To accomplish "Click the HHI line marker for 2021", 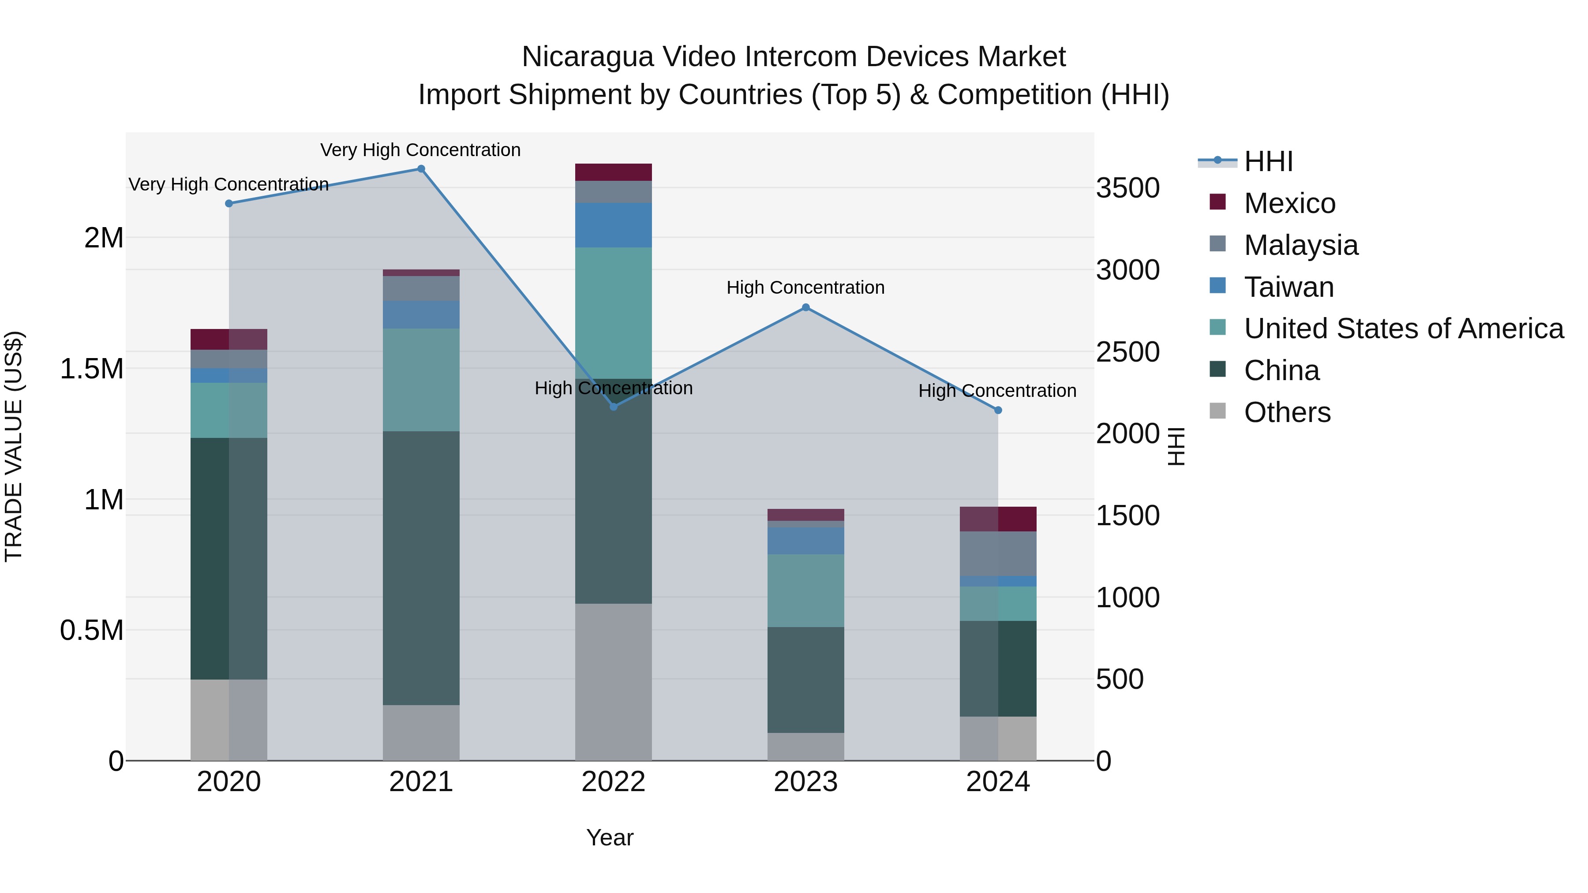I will [421, 169].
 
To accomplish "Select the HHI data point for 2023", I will [806, 307].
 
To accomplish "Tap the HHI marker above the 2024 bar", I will [998, 411].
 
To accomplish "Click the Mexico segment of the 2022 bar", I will [614, 172].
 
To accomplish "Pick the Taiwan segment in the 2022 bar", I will [614, 225].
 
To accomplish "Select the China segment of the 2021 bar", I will [421, 567].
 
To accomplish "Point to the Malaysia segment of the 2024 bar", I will [998, 553].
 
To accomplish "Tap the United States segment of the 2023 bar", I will [806, 590].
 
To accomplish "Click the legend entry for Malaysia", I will [1301, 245].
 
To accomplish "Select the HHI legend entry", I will [1268, 161].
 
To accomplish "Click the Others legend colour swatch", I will [1217, 411].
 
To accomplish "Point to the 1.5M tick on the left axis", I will [91, 369].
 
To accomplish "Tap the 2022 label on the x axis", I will [614, 782].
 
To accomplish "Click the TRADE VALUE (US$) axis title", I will [14, 446].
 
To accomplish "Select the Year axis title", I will [610, 837].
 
